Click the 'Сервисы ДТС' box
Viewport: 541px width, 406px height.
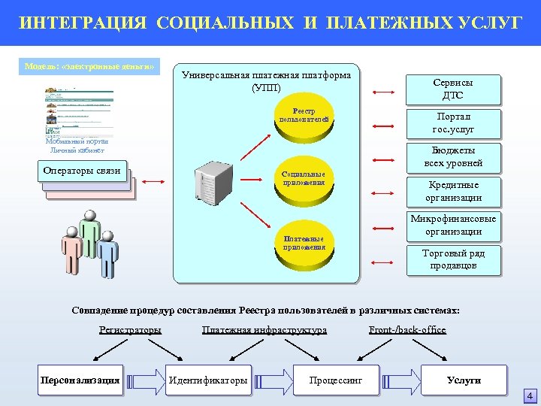[x=452, y=89]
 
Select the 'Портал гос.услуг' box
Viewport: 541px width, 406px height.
[x=452, y=123]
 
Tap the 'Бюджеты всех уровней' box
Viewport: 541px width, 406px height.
[x=452, y=156]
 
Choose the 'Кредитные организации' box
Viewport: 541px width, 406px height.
[x=452, y=191]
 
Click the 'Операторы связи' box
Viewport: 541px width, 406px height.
[x=82, y=171]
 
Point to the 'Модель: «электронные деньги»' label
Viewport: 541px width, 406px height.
[x=89, y=67]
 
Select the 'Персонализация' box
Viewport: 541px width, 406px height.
[x=80, y=380]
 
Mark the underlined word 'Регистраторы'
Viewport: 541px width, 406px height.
[x=130, y=330]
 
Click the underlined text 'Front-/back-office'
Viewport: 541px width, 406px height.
[x=407, y=330]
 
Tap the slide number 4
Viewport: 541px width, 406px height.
[x=530, y=396]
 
